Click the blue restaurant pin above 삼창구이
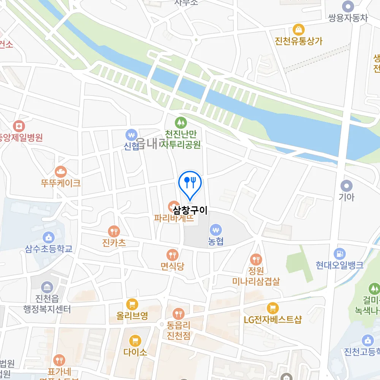point(190,183)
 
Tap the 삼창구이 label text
point(190,210)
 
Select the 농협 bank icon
point(216,230)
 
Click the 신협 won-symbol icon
point(131,135)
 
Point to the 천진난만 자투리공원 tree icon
point(181,122)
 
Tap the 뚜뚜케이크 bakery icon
point(60,172)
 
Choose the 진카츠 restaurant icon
point(114,231)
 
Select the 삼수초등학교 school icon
point(49,238)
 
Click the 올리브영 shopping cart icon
point(132,304)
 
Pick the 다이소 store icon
point(135,340)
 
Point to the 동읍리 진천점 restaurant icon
point(178,314)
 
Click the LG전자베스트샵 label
point(272,319)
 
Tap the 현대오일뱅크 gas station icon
point(339,253)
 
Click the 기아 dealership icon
point(346,186)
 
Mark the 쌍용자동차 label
point(348,17)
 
